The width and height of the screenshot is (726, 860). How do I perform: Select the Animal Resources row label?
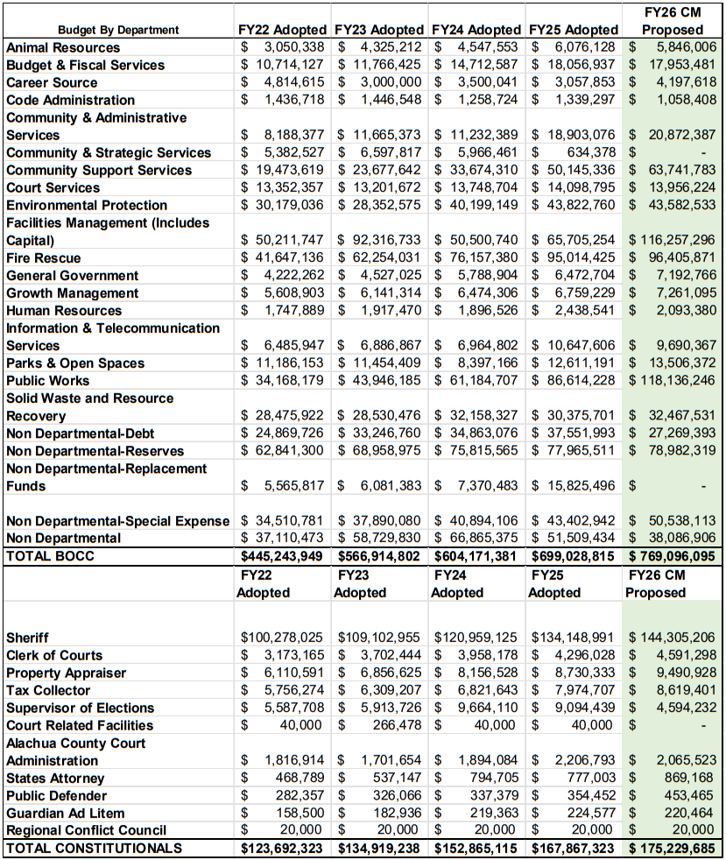pyautogui.click(x=63, y=47)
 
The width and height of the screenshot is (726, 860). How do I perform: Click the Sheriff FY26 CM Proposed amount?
pyautogui.click(x=672, y=638)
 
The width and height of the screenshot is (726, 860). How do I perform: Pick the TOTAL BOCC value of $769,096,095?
pyautogui.click(x=672, y=556)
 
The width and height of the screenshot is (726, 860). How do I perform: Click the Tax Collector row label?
pyautogui.click(x=49, y=690)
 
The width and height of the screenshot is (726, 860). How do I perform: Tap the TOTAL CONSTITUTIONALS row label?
pyautogui.click(x=95, y=848)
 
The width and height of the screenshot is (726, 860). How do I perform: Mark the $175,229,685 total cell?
pyautogui.click(x=672, y=848)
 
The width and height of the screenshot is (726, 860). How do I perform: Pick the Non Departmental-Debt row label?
pyautogui.click(x=81, y=434)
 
